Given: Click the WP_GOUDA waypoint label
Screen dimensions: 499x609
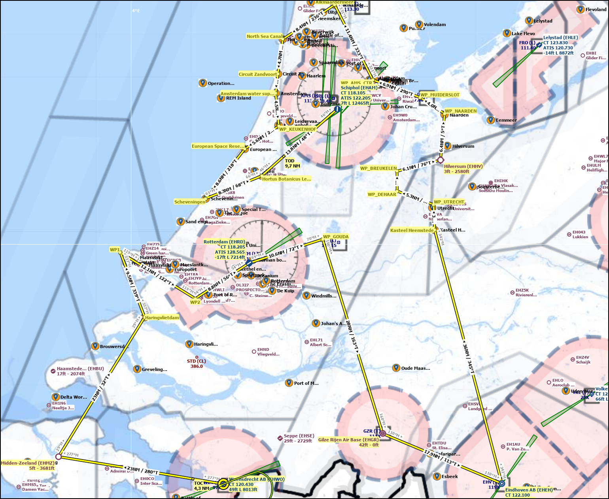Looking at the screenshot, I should (336, 237).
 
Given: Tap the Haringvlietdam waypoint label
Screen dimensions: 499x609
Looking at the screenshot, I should (162, 317).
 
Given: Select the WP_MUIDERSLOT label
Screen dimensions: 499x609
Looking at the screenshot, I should (440, 95).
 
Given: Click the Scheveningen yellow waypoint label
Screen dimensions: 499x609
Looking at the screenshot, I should (190, 201).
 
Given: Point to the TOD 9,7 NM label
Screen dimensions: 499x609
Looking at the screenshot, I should (292, 164).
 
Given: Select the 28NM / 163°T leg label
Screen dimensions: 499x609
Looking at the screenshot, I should (352, 336).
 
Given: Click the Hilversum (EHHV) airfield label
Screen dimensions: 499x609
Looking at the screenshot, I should (463, 169).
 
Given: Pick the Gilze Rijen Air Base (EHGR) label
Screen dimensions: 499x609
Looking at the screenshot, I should (348, 442).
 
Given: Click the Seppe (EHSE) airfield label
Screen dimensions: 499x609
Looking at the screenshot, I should (299, 438).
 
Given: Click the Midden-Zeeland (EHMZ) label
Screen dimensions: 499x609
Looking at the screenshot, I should (28, 465).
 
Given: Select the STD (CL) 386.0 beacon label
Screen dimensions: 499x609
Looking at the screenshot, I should (197, 363).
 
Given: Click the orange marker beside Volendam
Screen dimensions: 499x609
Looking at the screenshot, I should (419, 24).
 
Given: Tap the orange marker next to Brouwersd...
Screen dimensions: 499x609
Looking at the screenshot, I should (95, 346).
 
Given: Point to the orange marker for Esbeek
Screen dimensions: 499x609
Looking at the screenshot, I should (437, 476).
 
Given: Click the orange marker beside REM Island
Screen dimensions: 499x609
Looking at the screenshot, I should (221, 98).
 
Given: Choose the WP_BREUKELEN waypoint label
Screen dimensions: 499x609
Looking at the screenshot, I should (378, 168).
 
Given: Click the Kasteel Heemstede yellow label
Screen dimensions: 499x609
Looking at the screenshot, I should (412, 230).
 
